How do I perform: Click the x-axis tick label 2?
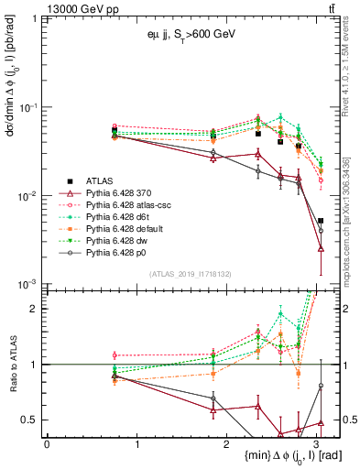[x=230, y=444]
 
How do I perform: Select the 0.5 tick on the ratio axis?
[x=30, y=420]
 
